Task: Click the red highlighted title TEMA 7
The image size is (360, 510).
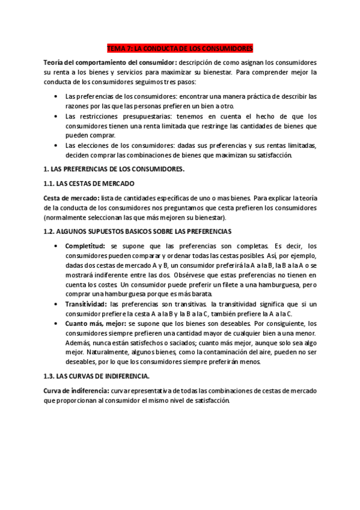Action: tap(180, 48)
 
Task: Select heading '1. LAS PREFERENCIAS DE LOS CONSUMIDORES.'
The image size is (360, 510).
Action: tap(114, 169)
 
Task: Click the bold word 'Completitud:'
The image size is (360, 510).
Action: tap(85, 246)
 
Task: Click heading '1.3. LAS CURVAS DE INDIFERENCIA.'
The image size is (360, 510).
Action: tap(97, 376)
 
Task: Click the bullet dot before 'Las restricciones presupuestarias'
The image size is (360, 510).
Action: tap(56, 116)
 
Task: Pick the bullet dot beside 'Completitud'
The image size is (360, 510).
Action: tap(56, 246)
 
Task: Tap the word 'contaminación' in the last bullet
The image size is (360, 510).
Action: tap(227, 352)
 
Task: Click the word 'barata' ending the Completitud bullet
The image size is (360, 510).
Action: tap(200, 294)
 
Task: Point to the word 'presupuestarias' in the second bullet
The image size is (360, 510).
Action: tap(131, 116)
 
